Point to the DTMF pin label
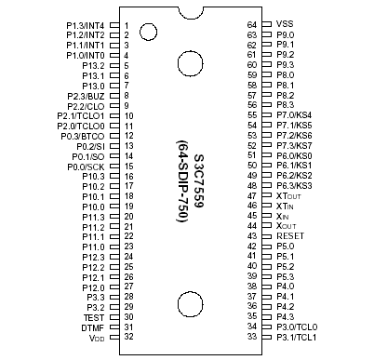tap(93, 327)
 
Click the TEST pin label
tap(94, 317)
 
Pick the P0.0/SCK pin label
tap(85, 167)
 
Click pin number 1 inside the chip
tap(126, 25)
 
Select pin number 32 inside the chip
tap(127, 338)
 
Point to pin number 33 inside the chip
tap(251, 338)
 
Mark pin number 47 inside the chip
tap(251, 197)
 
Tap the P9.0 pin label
tap(286, 34)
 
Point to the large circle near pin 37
tap(190, 303)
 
